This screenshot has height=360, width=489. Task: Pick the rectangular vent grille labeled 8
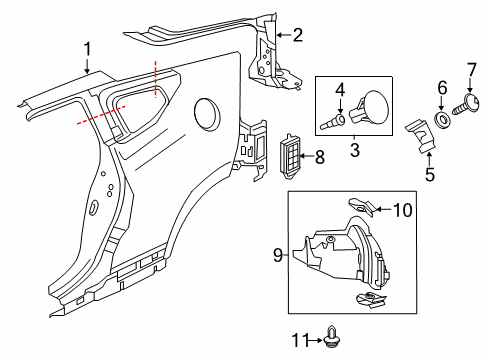(291, 156)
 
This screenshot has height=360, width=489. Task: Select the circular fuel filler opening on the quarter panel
(207, 108)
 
